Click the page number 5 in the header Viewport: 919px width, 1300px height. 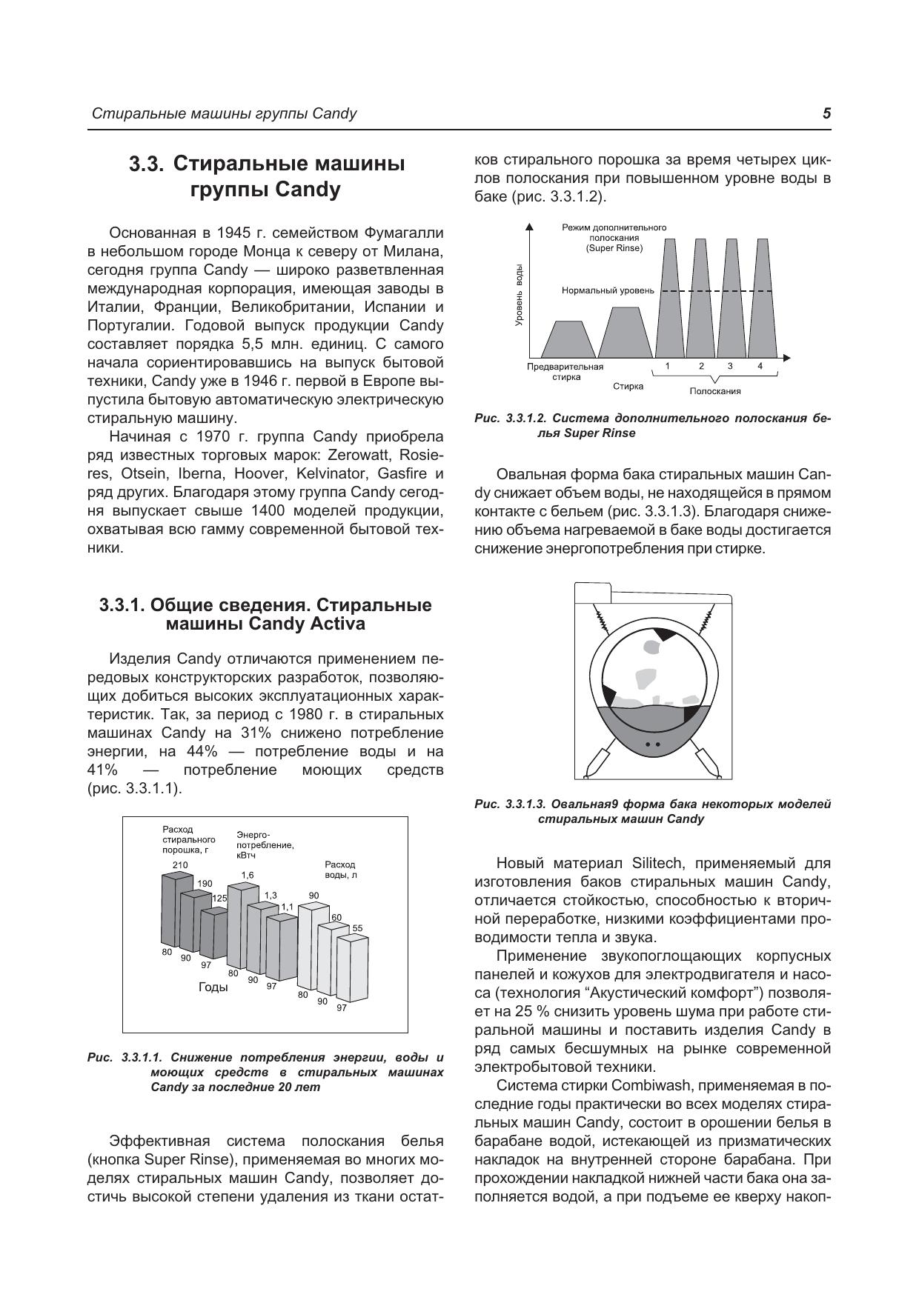(826, 113)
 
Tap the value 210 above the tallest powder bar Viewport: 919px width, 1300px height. (180, 865)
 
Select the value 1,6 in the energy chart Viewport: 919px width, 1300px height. (248, 875)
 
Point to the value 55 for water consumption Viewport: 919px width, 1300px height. (357, 928)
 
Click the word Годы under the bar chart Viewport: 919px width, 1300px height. (213, 987)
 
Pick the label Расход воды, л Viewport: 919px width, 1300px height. (341, 870)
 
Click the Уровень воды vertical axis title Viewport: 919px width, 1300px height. (519, 294)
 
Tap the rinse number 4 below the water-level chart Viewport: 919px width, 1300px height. (760, 366)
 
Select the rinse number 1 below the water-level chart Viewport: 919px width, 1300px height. (668, 366)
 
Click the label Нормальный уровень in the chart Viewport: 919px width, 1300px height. (608, 290)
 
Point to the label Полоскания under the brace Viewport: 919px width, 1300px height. (715, 391)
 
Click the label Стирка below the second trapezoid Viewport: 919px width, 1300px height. (628, 386)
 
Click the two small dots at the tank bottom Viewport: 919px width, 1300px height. (653, 743)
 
